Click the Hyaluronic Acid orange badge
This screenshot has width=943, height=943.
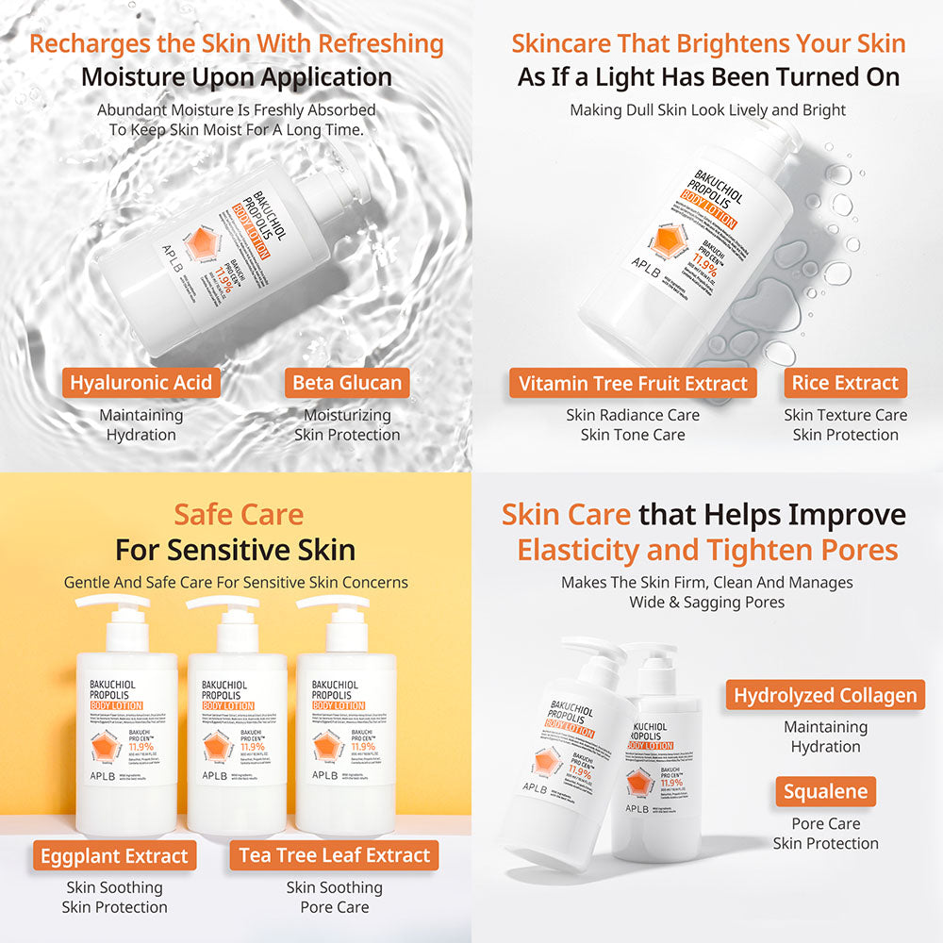pyautogui.click(x=141, y=383)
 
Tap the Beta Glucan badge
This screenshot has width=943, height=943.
pyautogui.click(x=347, y=383)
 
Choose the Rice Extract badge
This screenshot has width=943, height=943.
pyautogui.click(x=845, y=383)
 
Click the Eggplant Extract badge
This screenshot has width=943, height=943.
pyautogui.click(x=114, y=856)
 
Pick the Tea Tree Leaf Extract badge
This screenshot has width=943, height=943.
pyautogui.click(x=334, y=856)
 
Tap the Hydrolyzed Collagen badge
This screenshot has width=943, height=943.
pyautogui.click(x=825, y=696)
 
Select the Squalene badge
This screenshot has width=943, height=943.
pyautogui.click(x=825, y=792)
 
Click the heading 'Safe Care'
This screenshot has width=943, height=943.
pyautogui.click(x=239, y=515)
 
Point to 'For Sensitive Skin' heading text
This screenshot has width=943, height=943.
pyautogui.click(x=235, y=550)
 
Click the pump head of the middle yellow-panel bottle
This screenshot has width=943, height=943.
pyautogui.click(x=223, y=604)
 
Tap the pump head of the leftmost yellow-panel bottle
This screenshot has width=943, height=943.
pyautogui.click(x=113, y=604)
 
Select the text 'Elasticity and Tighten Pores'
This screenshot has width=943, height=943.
pyautogui.click(x=707, y=550)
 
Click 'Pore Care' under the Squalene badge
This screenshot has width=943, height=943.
pyautogui.click(x=825, y=823)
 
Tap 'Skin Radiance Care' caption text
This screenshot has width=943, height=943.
pyautogui.click(x=633, y=415)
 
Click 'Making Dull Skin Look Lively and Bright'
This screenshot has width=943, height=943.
pyautogui.click(x=707, y=110)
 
